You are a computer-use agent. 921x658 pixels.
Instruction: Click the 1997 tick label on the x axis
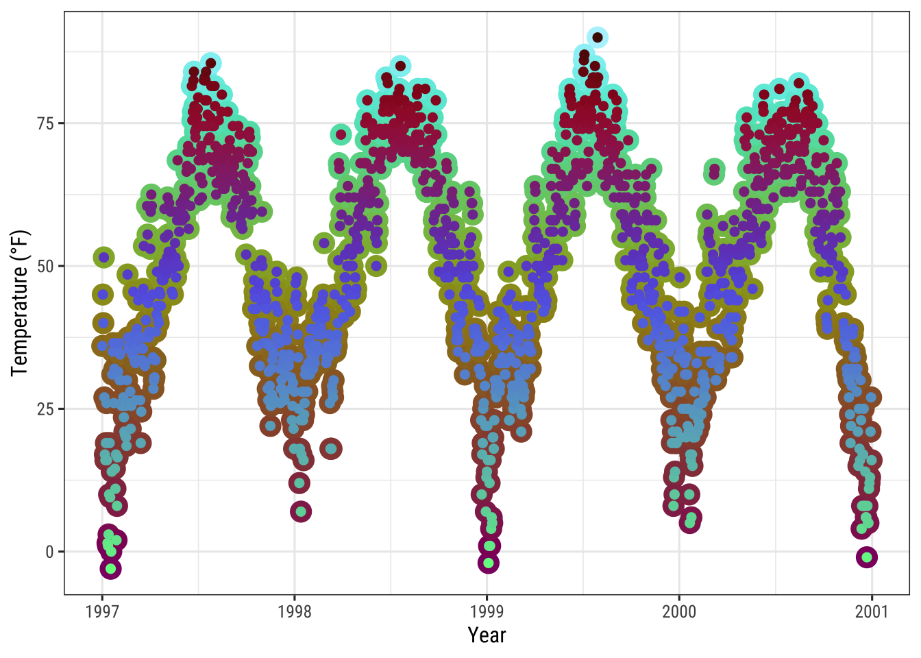coord(102,611)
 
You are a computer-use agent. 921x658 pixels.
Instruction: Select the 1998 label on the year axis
coord(295,611)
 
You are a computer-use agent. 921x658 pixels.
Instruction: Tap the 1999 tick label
coord(487,611)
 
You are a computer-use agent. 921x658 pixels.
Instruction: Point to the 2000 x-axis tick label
coord(679,611)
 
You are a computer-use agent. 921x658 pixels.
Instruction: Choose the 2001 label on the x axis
coord(872,611)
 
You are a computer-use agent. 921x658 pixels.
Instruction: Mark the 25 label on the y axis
coord(46,409)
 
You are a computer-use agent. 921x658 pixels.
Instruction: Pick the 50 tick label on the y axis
coord(46,266)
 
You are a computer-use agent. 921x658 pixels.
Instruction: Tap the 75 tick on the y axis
coord(46,123)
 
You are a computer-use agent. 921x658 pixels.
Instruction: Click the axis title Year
coord(487,635)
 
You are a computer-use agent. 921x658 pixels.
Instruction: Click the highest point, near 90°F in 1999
coord(598,38)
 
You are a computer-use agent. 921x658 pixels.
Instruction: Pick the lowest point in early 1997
coord(110,568)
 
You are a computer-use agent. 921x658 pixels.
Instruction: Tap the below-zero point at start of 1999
coord(488,563)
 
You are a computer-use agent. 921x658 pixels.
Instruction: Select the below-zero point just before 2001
coord(867,557)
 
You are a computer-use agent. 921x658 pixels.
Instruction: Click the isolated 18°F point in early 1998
coord(331,449)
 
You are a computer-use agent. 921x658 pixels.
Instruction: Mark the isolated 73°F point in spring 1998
coord(341,134)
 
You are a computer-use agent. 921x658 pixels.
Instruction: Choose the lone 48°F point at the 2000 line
coord(679,278)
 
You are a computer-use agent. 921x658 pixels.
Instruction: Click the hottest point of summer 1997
coord(211,63)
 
